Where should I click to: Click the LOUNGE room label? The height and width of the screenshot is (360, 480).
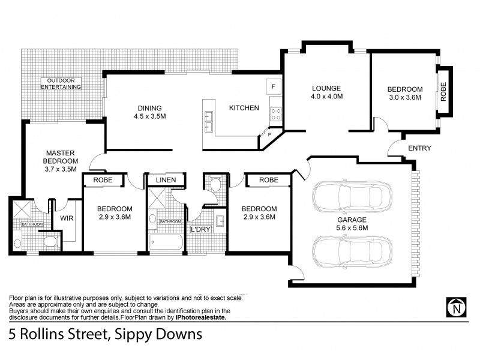coord(326,88)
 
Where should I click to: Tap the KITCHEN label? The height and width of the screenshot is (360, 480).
coord(244,108)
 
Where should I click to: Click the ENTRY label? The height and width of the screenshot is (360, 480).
coord(419,148)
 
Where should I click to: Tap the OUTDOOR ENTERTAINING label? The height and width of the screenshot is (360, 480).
coord(61,83)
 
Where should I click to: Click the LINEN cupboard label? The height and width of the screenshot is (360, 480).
coord(165,180)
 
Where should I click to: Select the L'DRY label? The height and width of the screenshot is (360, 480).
coord(200,230)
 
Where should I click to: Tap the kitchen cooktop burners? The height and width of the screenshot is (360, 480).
coord(277,115)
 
